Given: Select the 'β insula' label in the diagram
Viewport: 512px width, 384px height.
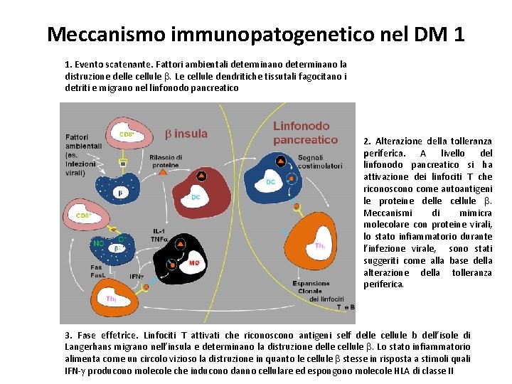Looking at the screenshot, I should tap(187, 134).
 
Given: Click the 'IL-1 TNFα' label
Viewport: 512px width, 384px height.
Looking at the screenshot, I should tap(160, 235).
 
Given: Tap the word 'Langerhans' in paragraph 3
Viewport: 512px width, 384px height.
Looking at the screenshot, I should tap(92, 346).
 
